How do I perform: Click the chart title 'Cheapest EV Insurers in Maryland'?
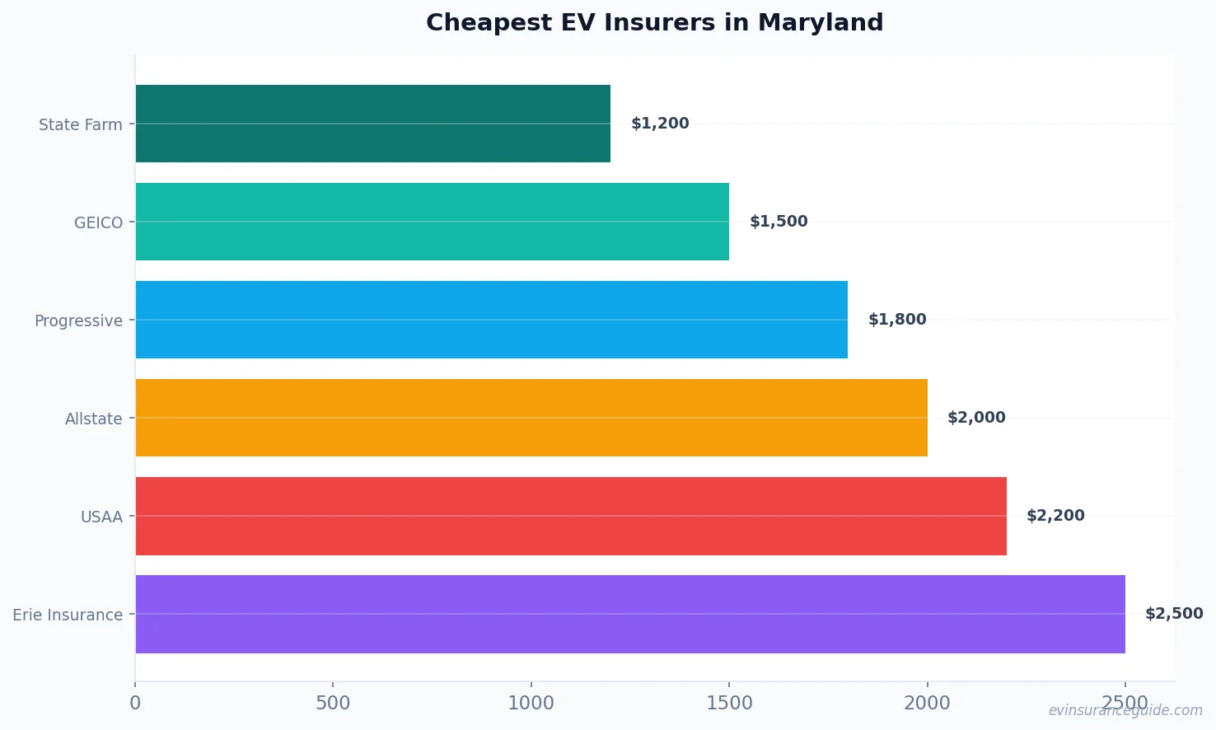click(654, 22)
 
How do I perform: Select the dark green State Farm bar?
click(372, 124)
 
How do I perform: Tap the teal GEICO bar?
click(432, 222)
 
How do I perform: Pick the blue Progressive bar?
click(491, 320)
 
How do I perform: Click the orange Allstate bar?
click(531, 418)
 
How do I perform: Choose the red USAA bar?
click(570, 516)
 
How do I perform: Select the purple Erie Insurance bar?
click(629, 614)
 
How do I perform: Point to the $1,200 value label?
click(660, 124)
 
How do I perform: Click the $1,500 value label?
click(779, 222)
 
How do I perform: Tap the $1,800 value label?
click(897, 320)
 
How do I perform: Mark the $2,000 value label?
click(976, 418)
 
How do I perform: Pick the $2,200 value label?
click(1055, 516)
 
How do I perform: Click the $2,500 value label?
click(1174, 614)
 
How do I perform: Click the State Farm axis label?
click(81, 124)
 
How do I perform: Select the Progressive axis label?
click(78, 321)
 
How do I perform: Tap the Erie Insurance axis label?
click(68, 615)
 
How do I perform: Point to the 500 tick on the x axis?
click(333, 703)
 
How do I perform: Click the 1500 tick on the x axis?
click(729, 703)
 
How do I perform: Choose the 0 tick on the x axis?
click(135, 703)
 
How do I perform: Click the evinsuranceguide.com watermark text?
click(1125, 710)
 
